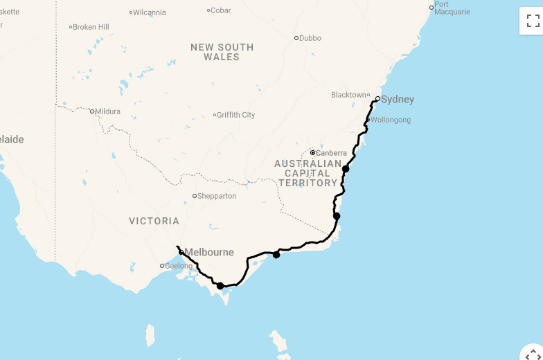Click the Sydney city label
click(x=398, y=100)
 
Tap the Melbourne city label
click(x=209, y=253)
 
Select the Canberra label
click(x=331, y=153)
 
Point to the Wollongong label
click(x=391, y=120)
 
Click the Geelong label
click(x=179, y=266)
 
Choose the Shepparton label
click(x=217, y=196)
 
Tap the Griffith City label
click(x=236, y=115)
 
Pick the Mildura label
click(x=108, y=111)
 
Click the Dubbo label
click(x=310, y=38)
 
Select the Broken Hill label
click(x=91, y=27)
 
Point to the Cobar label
click(x=221, y=10)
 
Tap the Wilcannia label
click(x=150, y=12)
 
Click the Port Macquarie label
click(x=452, y=8)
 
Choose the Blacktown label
click(x=348, y=95)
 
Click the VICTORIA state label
click(x=154, y=222)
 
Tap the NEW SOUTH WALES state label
click(x=222, y=52)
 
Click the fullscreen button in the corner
click(x=533, y=21)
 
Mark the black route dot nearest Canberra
click(x=346, y=168)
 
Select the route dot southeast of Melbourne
click(x=220, y=285)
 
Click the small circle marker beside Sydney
click(x=377, y=98)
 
